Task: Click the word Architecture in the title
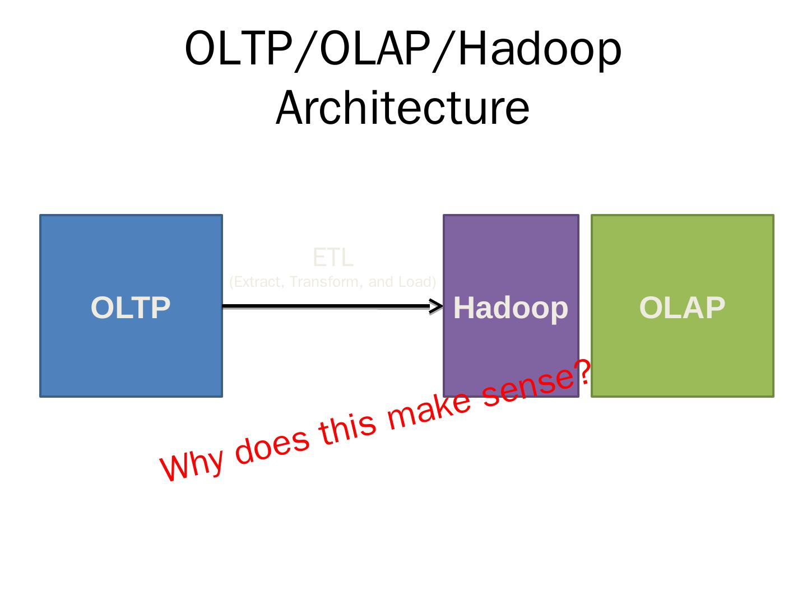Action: click(x=402, y=108)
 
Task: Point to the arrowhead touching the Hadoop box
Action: click(x=436, y=306)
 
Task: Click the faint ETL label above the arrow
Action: click(x=333, y=258)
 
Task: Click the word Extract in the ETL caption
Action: click(x=258, y=281)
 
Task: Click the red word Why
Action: click(x=192, y=464)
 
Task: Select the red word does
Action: click(x=272, y=445)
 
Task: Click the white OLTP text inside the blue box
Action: click(x=131, y=308)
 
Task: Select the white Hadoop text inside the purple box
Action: click(x=511, y=308)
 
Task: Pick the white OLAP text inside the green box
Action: click(x=682, y=308)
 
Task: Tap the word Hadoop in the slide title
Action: click(x=539, y=49)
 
